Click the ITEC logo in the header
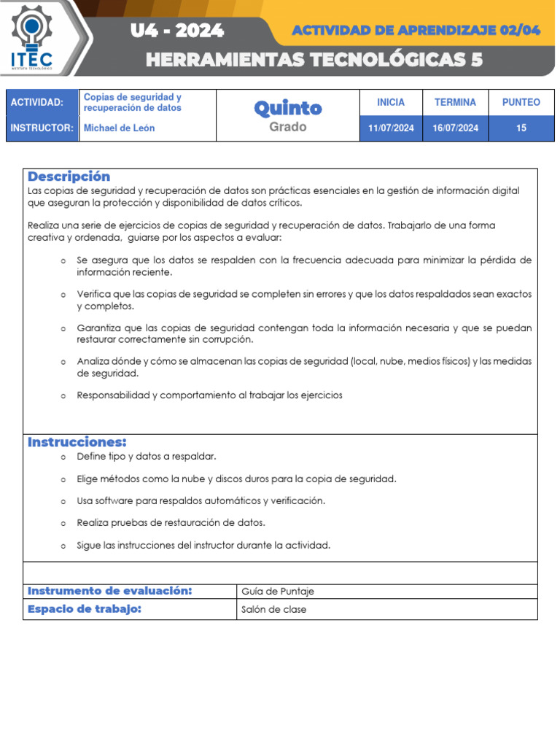[x=31, y=36]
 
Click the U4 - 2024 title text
[x=177, y=31]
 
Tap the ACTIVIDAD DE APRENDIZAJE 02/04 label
[x=416, y=30]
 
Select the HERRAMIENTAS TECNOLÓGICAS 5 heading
[x=314, y=60]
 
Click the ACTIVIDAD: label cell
[x=37, y=103]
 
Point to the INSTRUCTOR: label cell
[x=42, y=128]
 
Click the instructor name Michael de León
[x=120, y=128]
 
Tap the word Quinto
[x=288, y=108]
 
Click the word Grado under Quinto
[x=288, y=127]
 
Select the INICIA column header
[x=391, y=103]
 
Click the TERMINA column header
[x=455, y=103]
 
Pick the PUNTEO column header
[x=521, y=103]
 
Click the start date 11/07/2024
[x=391, y=128]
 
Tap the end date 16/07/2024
[x=455, y=128]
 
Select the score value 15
[x=521, y=128]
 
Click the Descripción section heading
[x=69, y=177]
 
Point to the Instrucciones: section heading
[x=77, y=442]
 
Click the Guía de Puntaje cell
[x=278, y=592]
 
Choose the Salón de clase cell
[x=274, y=610]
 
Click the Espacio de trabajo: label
[x=85, y=609]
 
